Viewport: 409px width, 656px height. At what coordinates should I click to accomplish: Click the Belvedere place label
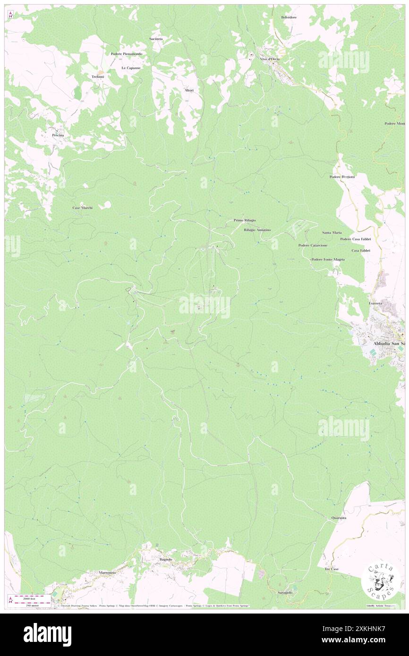click(x=289, y=17)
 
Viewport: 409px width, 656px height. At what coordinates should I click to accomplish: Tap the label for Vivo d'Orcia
click(x=270, y=59)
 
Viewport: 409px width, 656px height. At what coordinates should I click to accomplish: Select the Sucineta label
click(x=156, y=38)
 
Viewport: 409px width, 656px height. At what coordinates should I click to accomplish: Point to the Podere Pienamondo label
click(x=127, y=54)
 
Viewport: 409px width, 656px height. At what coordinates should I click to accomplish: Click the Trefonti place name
click(x=98, y=76)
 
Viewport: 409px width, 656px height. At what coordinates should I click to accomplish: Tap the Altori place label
click(x=189, y=90)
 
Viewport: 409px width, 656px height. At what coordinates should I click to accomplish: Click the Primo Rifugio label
click(x=245, y=220)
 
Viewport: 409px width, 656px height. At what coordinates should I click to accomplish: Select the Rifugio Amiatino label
click(x=257, y=230)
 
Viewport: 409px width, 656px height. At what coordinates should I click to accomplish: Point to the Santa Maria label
click(x=332, y=233)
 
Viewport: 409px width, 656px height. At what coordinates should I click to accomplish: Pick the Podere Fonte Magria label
click(x=328, y=260)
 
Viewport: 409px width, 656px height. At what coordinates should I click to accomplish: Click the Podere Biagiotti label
click(x=342, y=177)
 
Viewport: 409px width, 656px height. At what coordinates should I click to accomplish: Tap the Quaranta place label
click(x=339, y=518)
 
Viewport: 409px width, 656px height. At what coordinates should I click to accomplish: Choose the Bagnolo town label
click(x=166, y=559)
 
